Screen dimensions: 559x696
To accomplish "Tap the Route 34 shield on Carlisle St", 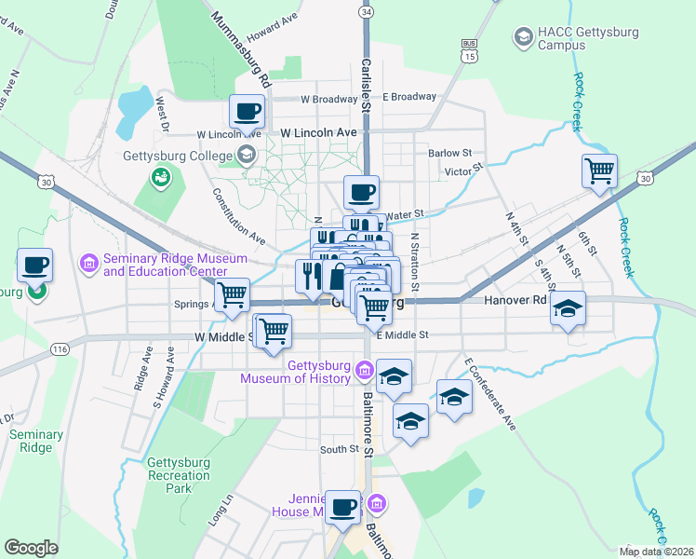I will coord(367,12).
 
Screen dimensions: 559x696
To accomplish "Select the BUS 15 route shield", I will coord(470,50).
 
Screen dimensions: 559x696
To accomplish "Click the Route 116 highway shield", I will coord(60,348).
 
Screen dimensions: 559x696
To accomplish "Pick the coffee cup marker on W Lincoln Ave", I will coord(248,113).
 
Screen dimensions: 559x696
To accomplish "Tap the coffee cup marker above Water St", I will coord(362,193).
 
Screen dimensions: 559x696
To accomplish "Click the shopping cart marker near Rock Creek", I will coord(600,171).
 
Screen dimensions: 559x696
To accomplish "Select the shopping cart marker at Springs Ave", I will coord(233,295).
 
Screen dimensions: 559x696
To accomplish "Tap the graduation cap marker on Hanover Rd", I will coord(567,308).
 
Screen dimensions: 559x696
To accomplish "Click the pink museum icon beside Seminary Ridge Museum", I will coord(90,265).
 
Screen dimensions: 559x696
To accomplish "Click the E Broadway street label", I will coord(409,97).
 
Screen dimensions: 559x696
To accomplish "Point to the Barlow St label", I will coord(450,153).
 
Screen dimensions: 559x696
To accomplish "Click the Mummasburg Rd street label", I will coord(240,50).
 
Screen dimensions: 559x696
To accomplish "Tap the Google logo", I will coord(31,548).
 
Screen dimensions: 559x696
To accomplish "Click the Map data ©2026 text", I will coord(655,552).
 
